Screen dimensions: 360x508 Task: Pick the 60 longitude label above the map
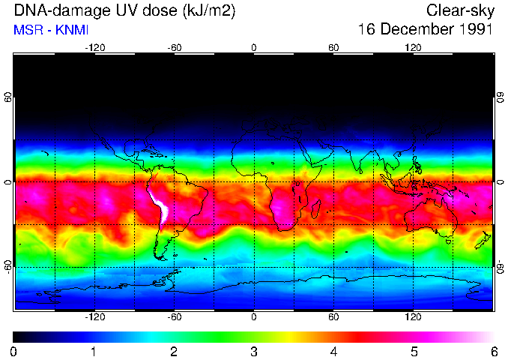coord(333,47)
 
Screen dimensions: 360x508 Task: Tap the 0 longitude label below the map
coord(254,316)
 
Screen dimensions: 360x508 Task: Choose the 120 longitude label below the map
coord(413,316)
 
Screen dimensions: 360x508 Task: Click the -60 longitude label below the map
coord(175,316)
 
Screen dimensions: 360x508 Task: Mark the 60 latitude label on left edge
coord(8,97)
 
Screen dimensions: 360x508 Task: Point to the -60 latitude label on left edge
coord(8,266)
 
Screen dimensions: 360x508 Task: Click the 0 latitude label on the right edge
coord(500,182)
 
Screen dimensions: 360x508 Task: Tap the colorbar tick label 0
coord(14,351)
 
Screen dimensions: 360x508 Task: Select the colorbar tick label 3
coord(254,351)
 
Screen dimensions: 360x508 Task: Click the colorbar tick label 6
coord(493,351)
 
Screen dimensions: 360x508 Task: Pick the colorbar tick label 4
coord(333,351)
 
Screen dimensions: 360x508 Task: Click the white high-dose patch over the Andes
coord(160,206)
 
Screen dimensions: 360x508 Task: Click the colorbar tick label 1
coord(94,351)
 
